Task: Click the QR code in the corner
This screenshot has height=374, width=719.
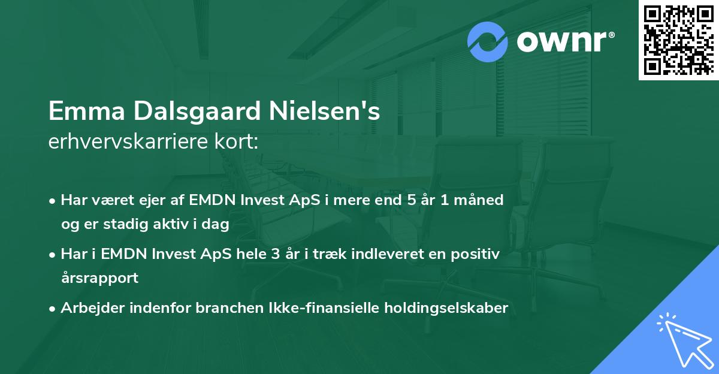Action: (678, 40)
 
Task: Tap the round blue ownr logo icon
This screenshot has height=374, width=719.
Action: (488, 41)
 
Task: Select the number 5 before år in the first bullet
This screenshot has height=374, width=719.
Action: (411, 200)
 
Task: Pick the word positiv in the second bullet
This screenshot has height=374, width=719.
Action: (478, 254)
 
